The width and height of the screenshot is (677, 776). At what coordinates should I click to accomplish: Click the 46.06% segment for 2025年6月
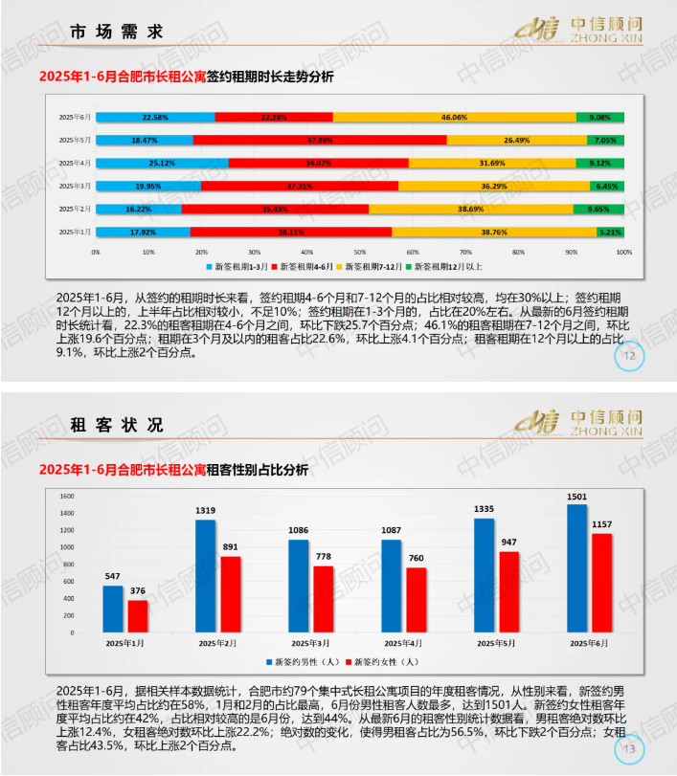tap(454, 117)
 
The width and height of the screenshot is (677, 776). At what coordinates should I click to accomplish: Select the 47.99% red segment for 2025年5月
tap(319, 140)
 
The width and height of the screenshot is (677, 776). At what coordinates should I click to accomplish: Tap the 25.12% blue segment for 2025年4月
tap(162, 163)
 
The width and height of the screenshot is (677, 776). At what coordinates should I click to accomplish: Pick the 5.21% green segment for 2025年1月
tap(610, 232)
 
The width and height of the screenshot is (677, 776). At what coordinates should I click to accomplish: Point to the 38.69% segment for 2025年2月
tap(470, 209)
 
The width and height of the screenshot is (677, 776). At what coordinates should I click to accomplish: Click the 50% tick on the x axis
tap(360, 253)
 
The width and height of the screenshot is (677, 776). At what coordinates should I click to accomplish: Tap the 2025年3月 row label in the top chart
tap(75, 186)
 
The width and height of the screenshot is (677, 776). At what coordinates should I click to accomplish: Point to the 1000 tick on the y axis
tap(66, 546)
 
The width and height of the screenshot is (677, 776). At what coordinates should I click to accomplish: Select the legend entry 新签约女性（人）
tap(383, 661)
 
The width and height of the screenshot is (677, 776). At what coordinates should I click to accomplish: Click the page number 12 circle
tap(629, 357)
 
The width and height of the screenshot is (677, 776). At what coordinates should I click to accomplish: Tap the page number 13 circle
tap(629, 747)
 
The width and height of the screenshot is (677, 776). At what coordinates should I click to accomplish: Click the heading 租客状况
tap(116, 425)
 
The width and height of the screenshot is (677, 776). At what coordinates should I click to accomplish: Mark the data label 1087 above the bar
tap(392, 529)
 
